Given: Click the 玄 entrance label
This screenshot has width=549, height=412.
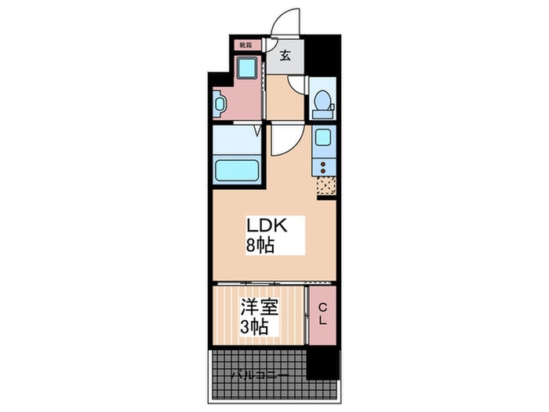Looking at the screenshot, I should (286, 56).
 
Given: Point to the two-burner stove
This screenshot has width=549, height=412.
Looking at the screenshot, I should (323, 166).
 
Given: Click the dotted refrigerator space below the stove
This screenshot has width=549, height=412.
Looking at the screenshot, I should (325, 186).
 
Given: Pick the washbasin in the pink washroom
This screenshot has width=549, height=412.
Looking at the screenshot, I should (219, 102).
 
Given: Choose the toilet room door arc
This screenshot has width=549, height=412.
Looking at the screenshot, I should (298, 86).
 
